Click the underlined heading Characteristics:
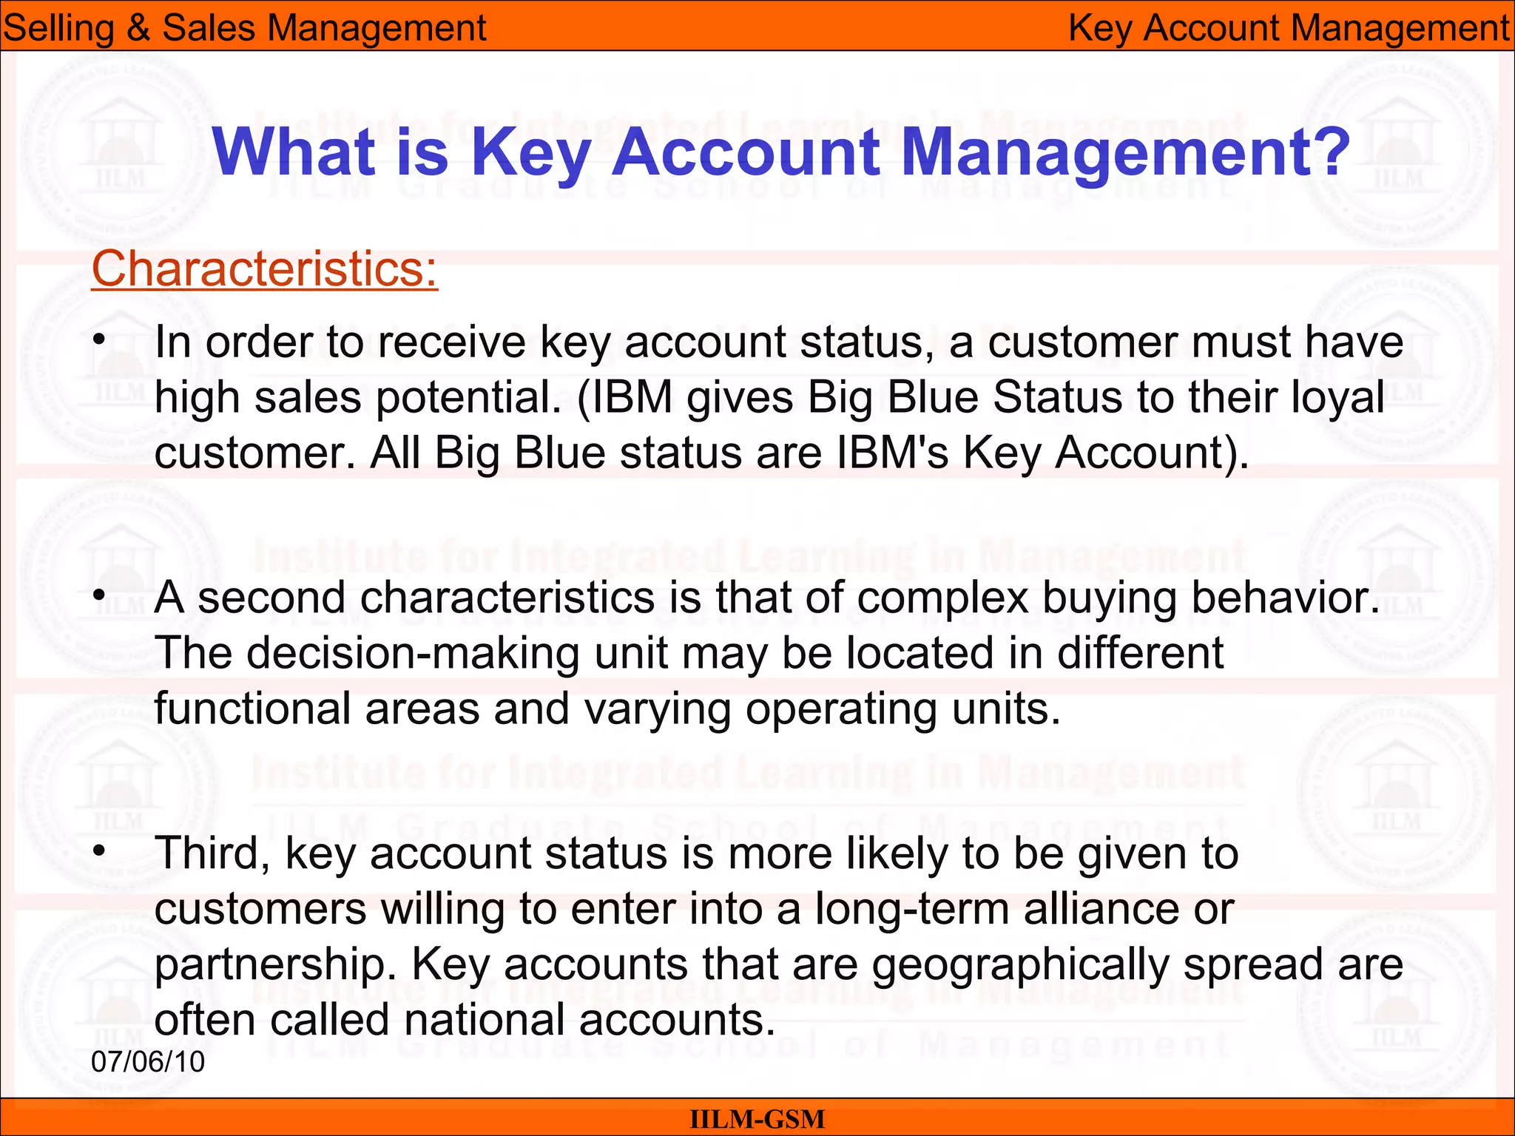coord(264,268)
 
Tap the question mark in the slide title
coord(1327,152)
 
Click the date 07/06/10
coord(148,1061)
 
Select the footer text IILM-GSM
coord(757,1119)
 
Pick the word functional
coord(252,709)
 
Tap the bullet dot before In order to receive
coord(99,342)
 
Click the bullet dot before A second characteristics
coord(99,596)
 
